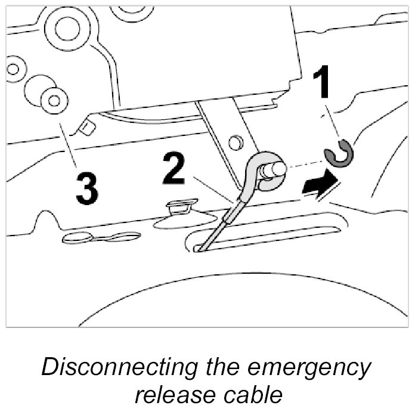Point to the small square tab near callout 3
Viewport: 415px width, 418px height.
pyautogui.click(x=88, y=126)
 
